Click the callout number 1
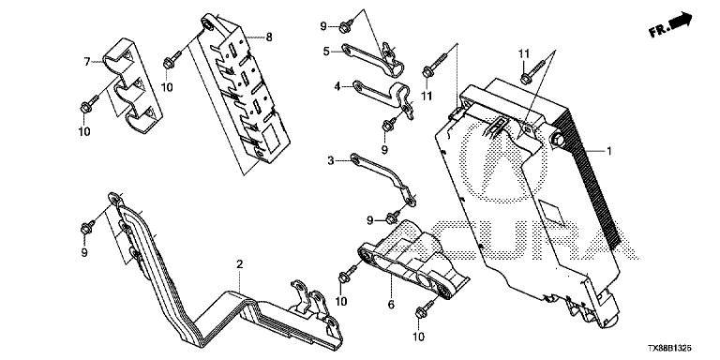click(x=609, y=151)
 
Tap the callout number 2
click(x=239, y=264)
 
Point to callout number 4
click(x=337, y=86)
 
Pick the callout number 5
click(x=326, y=51)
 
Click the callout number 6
click(x=391, y=305)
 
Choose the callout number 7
click(x=87, y=61)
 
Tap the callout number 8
click(x=269, y=37)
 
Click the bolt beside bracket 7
click(x=90, y=104)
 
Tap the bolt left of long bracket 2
click(x=88, y=227)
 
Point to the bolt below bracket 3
click(x=393, y=217)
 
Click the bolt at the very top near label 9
click(x=347, y=25)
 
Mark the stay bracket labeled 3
click(x=383, y=175)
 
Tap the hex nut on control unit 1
click(x=556, y=139)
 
